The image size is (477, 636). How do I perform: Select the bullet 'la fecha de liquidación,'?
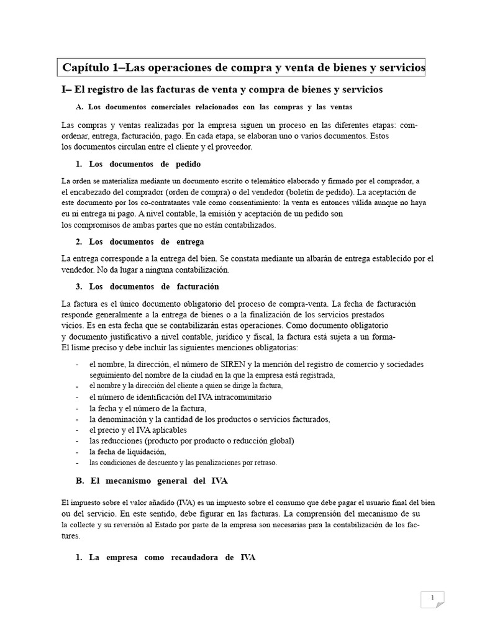[128, 452]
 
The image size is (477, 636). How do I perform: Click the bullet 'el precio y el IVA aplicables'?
[138, 430]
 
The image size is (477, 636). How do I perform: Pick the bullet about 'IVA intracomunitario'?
[181, 397]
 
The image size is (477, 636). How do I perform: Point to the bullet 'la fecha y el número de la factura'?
[148, 408]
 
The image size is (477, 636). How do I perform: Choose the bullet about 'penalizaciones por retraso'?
[184, 463]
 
